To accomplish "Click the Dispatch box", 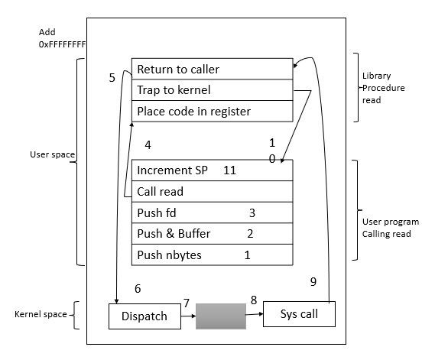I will pyautogui.click(x=144, y=316).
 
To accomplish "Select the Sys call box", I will pyautogui.click(x=299, y=313).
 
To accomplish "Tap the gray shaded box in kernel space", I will pyautogui.click(x=220, y=316).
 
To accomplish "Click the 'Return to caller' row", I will pyautogui.click(x=212, y=69).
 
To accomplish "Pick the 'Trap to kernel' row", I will pyautogui.click(x=212, y=90).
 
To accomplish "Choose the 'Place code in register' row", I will pyautogui.click(x=212, y=112).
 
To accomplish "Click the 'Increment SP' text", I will pyautogui.click(x=172, y=170).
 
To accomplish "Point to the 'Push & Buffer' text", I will pyautogui.click(x=174, y=233).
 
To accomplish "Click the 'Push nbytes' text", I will pyautogui.click(x=169, y=255).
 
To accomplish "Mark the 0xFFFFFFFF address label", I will pyautogui.click(x=62, y=45).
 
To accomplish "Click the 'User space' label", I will pyautogui.click(x=52, y=154).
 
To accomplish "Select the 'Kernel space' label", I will pyautogui.click(x=40, y=314).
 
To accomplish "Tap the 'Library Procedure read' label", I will pyautogui.click(x=384, y=88).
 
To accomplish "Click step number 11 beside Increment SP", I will pyautogui.click(x=229, y=170).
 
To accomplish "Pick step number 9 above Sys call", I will pyautogui.click(x=313, y=281).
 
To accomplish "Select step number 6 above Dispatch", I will pyautogui.click(x=138, y=289).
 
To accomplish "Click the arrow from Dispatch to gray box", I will pyautogui.click(x=188, y=316).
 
